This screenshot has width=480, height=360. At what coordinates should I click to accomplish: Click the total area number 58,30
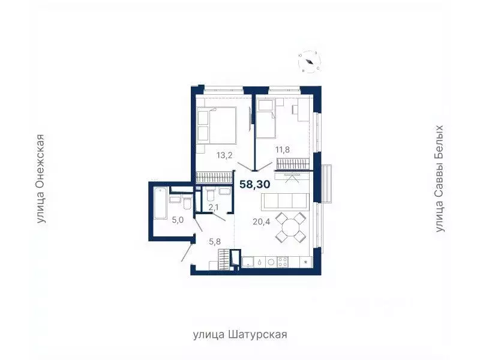coord(255,185)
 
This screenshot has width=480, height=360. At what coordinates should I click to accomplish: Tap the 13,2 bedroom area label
coord(208,155)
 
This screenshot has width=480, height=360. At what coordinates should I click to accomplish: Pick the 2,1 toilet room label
coord(214,208)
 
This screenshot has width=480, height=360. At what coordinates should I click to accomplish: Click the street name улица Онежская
coord(41,179)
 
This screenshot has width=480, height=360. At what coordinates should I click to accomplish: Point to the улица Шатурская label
coord(240,334)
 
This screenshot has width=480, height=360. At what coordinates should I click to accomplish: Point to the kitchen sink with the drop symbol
coord(258,262)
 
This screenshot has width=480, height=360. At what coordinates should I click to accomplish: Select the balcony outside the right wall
coord(327,183)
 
